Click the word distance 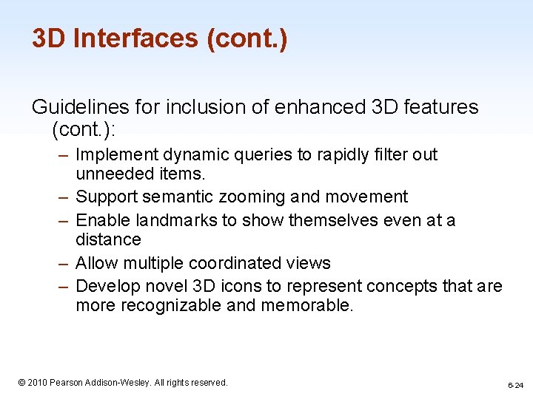pos(108,239)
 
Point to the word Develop pos(106,286)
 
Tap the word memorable pos(307,306)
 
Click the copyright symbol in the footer pos(21,383)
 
